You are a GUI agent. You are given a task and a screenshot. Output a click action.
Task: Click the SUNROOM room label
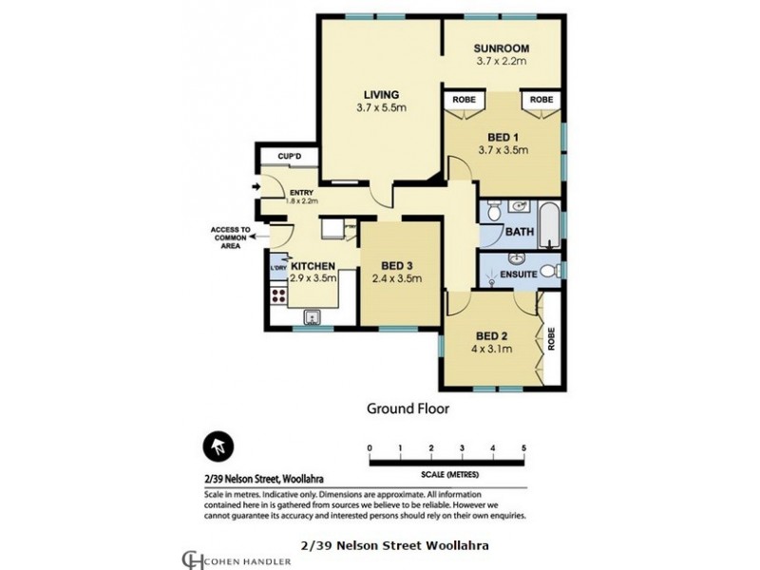point(502,48)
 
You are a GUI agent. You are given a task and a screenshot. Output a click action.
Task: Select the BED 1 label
point(503,136)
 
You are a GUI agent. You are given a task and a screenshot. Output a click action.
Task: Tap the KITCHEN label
point(313,266)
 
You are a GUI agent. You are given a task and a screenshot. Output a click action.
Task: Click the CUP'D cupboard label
point(289,157)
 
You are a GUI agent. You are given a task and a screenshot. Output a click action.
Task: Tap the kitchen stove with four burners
point(278,295)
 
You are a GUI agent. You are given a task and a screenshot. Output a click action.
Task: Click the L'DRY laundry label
point(278,267)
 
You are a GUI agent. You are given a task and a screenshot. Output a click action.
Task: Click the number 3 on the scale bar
point(462,447)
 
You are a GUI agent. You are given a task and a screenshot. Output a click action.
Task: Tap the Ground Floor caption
point(408,408)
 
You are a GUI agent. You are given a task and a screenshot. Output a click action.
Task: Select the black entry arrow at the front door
point(255,187)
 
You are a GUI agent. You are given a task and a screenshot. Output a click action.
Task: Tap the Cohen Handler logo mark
point(193,558)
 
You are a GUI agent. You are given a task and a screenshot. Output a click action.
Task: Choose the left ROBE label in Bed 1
point(464,99)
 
